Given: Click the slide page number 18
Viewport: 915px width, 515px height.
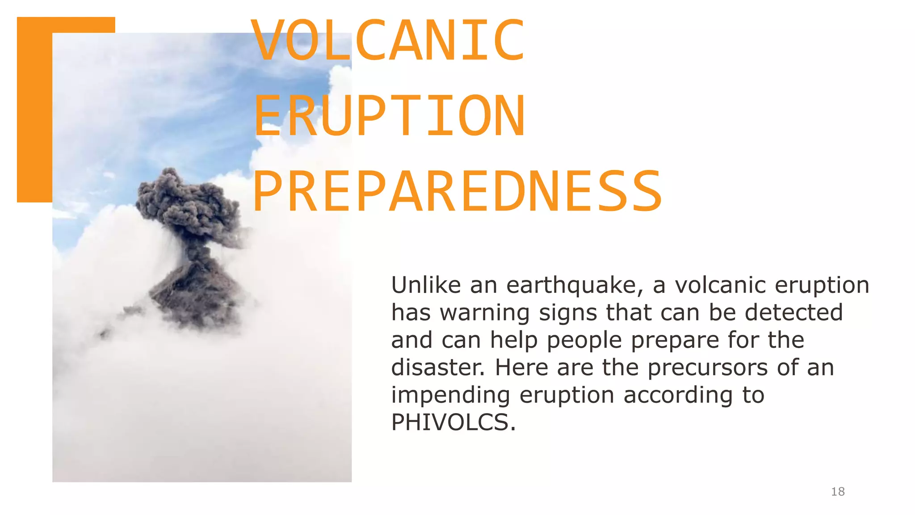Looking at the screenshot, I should coord(838,492).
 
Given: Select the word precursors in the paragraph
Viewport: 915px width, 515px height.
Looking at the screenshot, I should coord(707,367).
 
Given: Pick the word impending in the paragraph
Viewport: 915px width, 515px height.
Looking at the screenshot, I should coord(450,395).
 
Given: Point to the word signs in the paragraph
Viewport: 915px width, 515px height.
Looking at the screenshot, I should coord(567,313).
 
